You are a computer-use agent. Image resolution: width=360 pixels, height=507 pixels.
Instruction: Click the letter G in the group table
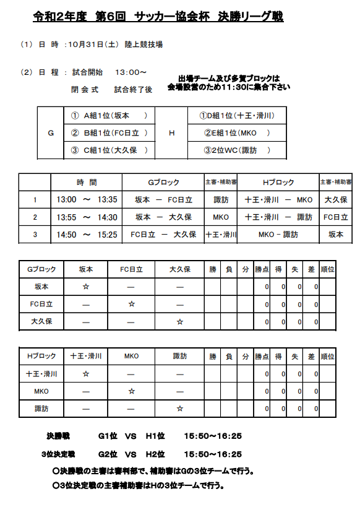tap(51, 132)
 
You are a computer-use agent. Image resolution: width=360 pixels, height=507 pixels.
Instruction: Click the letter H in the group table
tap(171, 132)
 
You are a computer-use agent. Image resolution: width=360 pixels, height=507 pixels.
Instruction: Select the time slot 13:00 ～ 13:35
tap(87, 200)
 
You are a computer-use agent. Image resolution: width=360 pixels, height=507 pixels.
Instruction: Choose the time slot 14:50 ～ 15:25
tap(87, 235)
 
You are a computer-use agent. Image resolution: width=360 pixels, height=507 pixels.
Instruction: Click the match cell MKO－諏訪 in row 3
tap(278, 235)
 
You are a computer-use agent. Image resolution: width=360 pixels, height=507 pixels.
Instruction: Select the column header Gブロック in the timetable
tap(163, 183)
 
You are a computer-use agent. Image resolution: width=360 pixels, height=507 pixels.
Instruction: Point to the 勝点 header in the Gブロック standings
tap(262, 269)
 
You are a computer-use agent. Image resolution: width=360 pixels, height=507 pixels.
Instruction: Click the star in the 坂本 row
tap(86, 287)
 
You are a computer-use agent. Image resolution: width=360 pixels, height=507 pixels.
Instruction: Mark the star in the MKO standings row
tap(131, 391)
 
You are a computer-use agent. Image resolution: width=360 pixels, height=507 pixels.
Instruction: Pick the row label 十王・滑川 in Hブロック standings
tap(41, 374)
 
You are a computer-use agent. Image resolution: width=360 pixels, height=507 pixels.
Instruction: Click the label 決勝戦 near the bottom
tap(60, 436)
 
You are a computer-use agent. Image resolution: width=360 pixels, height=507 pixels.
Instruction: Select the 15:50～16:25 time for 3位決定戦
tap(213, 454)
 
